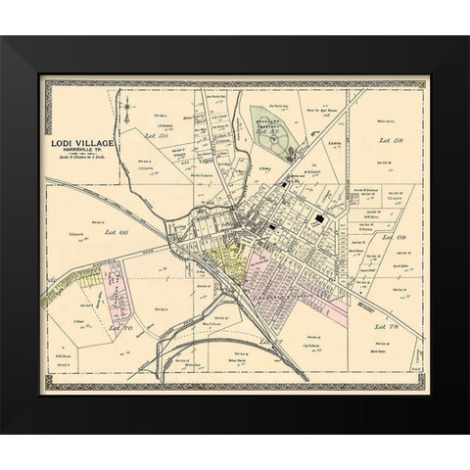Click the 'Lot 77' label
[x=268, y=339]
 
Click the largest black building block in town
[x=323, y=221]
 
